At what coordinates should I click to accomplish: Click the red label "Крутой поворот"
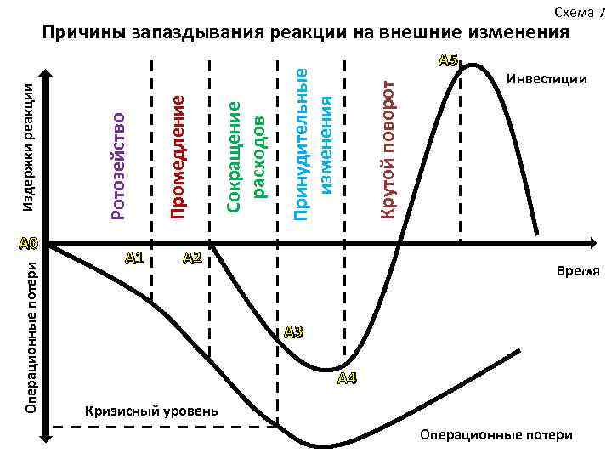(387, 148)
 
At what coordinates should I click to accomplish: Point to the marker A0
(27, 243)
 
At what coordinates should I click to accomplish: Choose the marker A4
(347, 378)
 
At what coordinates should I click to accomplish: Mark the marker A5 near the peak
(448, 59)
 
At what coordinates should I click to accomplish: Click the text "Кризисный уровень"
(151, 411)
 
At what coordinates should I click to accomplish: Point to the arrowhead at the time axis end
(596, 243)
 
